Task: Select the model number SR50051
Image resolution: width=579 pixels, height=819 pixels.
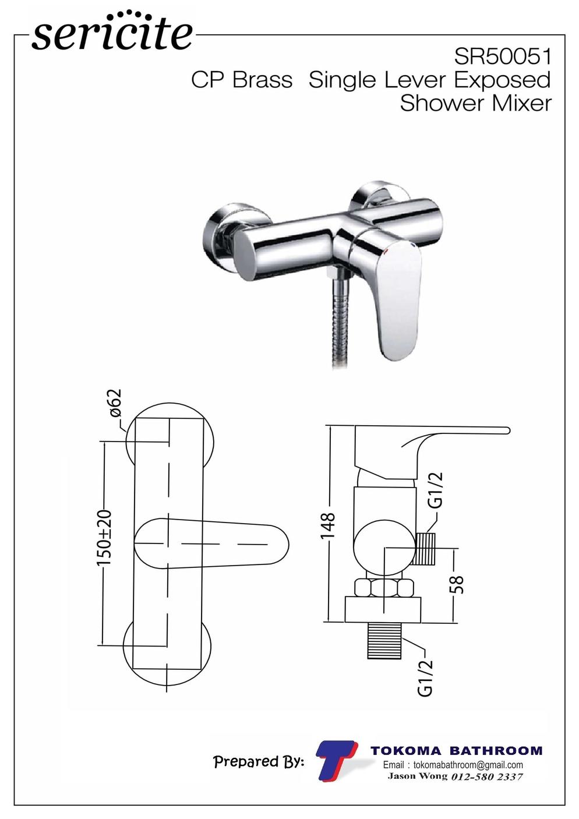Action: (x=503, y=57)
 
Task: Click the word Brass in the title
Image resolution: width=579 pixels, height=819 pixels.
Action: (x=262, y=80)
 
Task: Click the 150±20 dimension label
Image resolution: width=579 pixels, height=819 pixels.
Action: (x=104, y=538)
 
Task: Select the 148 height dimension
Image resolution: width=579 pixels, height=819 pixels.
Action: (x=327, y=526)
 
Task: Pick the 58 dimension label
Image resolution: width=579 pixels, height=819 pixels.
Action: (x=457, y=585)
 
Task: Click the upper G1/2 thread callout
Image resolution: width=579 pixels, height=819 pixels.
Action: (x=436, y=490)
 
